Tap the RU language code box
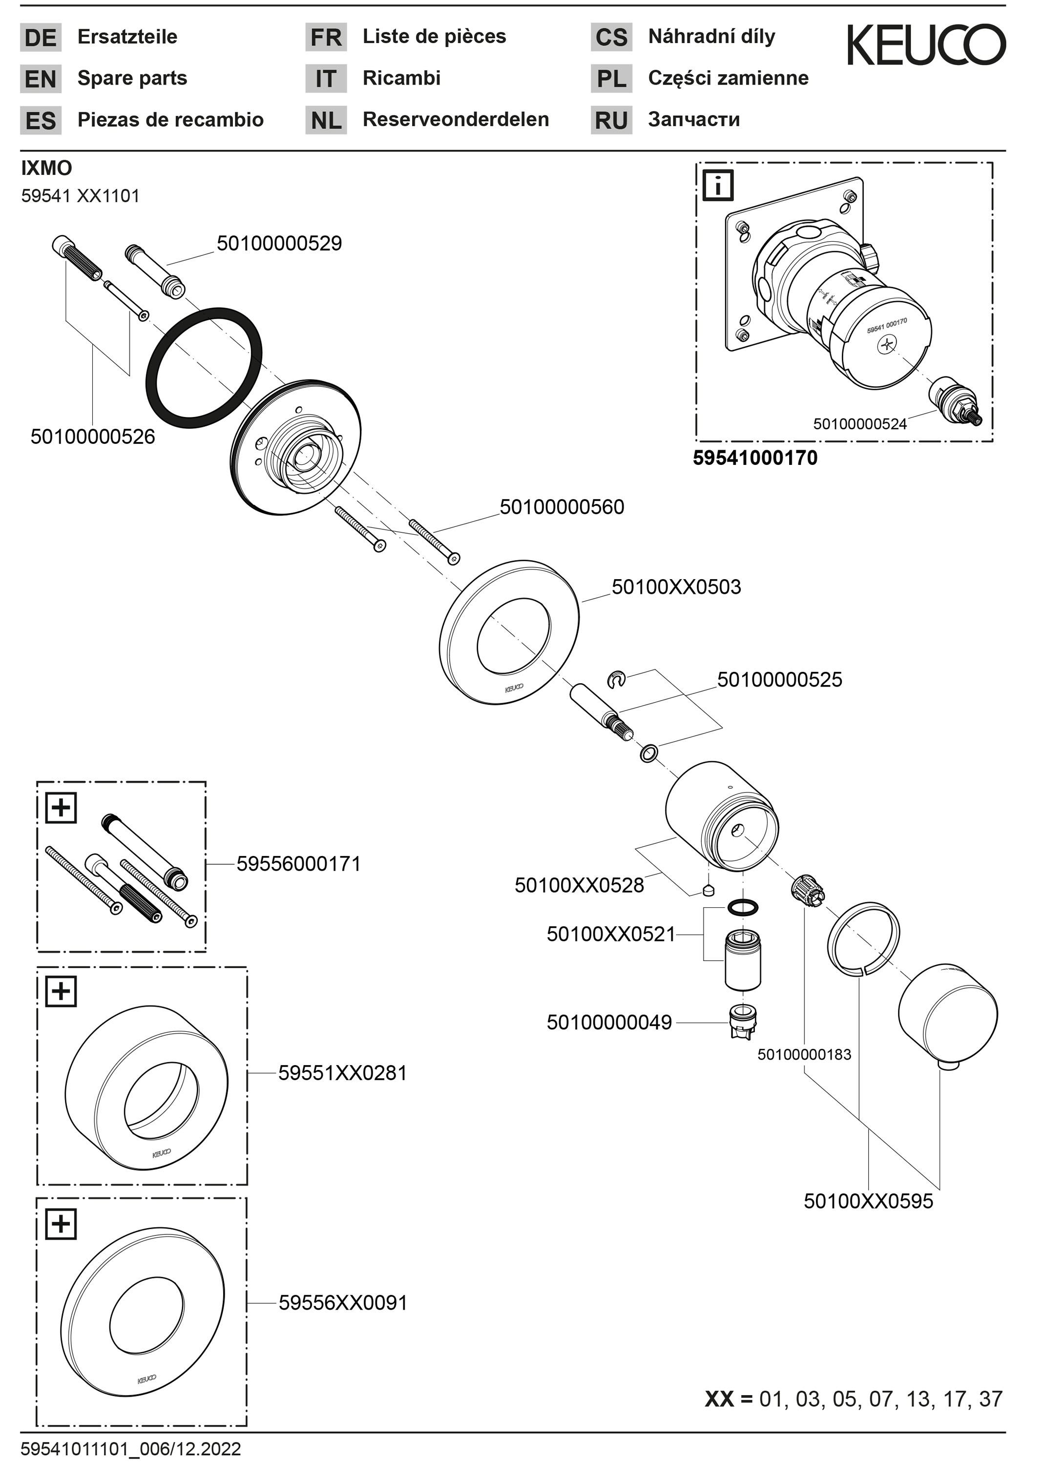point(611,120)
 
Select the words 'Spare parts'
point(132,79)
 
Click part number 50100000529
point(279,244)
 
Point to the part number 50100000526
point(93,437)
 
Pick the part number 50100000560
point(562,507)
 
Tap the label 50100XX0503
point(676,587)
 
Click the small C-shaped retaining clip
point(616,679)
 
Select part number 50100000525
point(779,679)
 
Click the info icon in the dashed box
point(718,186)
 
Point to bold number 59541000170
point(755,459)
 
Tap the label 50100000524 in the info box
point(859,424)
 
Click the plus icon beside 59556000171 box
point(61,807)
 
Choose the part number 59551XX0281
point(343,1073)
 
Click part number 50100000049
point(609,1023)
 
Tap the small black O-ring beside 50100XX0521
point(743,907)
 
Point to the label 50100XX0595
point(868,1201)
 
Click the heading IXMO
point(46,168)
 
